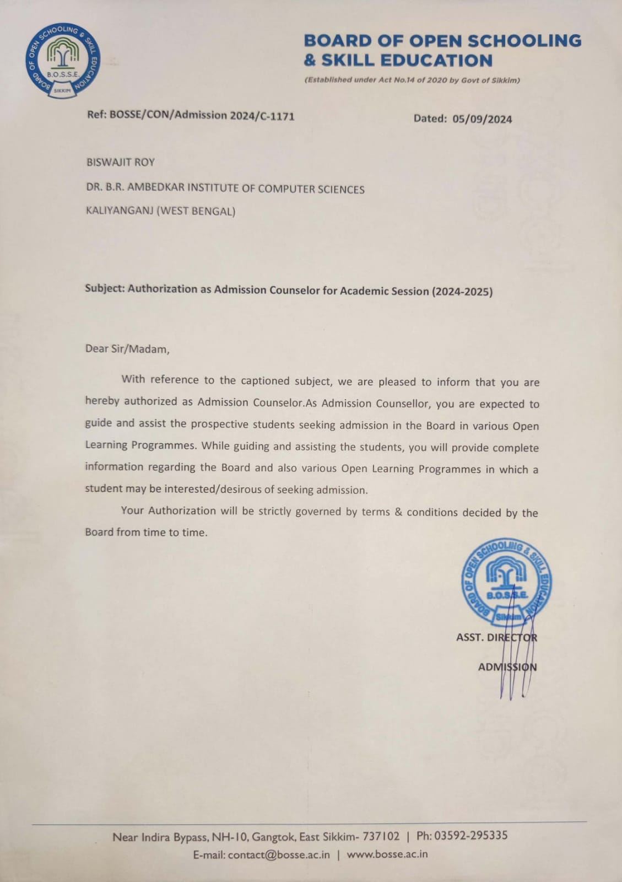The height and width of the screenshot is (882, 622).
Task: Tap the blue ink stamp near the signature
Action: (506, 582)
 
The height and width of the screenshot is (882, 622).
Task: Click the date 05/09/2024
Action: (482, 119)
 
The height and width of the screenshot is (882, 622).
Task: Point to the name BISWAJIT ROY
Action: (121, 163)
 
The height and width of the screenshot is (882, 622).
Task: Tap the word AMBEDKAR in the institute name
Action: (156, 187)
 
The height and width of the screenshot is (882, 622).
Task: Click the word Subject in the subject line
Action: (104, 289)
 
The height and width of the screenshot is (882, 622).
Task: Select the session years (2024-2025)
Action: (462, 292)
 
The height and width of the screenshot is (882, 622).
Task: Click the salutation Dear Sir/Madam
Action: (127, 349)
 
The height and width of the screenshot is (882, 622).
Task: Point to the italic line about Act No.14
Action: (412, 80)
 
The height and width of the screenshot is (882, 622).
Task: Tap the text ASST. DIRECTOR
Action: (496, 638)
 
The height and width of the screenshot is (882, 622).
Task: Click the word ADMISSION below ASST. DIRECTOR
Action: (507, 667)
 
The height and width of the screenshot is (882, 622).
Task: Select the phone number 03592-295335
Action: (470, 836)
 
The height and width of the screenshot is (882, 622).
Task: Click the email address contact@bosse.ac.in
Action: (279, 855)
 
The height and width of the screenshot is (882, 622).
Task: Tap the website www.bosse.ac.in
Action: (387, 854)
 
